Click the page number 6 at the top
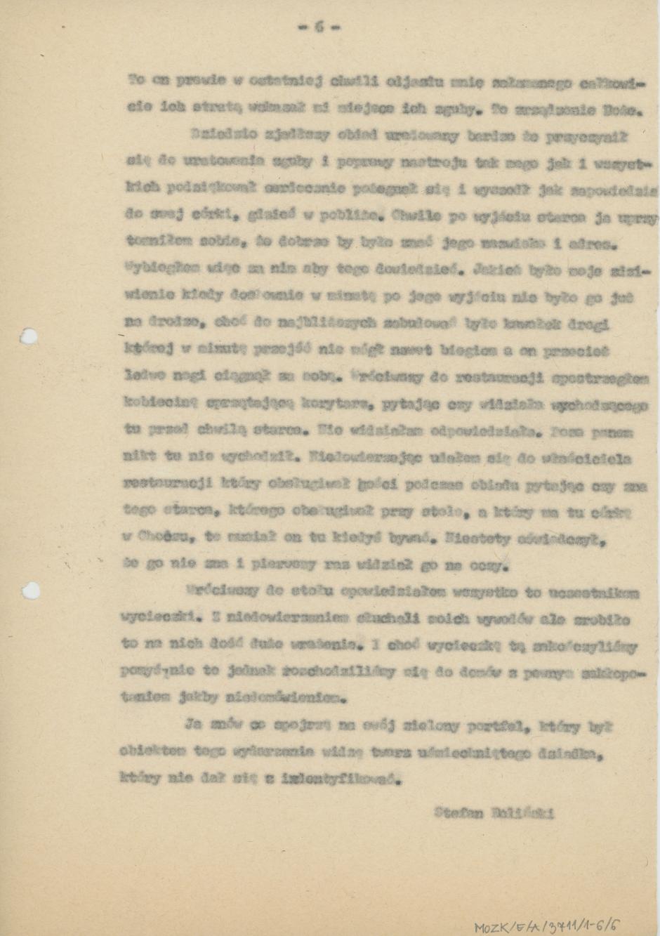pos(319,27)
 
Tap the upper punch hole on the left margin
pos(28,336)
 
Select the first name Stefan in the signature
pos(458,814)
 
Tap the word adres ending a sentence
pos(597,246)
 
